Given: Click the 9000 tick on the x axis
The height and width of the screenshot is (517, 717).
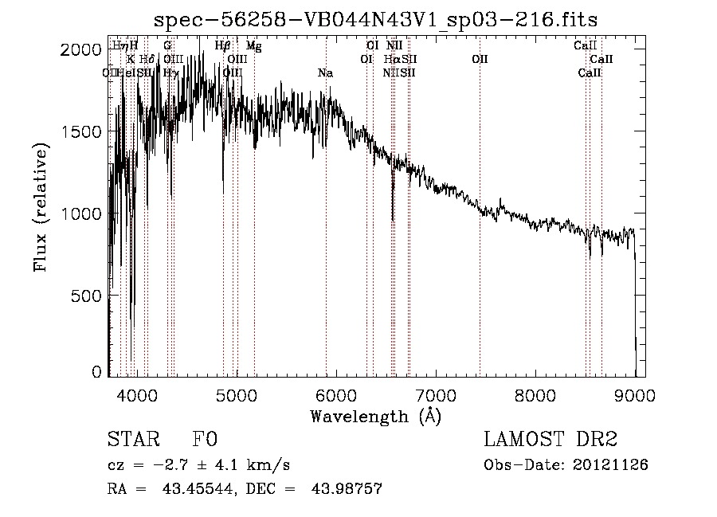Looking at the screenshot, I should click(635, 394).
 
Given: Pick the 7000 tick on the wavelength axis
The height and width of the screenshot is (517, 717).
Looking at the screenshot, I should click(436, 394).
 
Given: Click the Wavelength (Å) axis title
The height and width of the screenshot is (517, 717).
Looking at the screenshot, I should click(375, 416).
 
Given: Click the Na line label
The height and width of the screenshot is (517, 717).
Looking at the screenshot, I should click(325, 73).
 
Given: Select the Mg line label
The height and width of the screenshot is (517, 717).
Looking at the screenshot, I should click(253, 46).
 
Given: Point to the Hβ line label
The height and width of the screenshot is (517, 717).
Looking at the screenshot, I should click(223, 46).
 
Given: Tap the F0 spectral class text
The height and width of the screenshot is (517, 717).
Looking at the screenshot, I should click(205, 440).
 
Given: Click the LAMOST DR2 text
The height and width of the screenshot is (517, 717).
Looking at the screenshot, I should click(550, 440).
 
